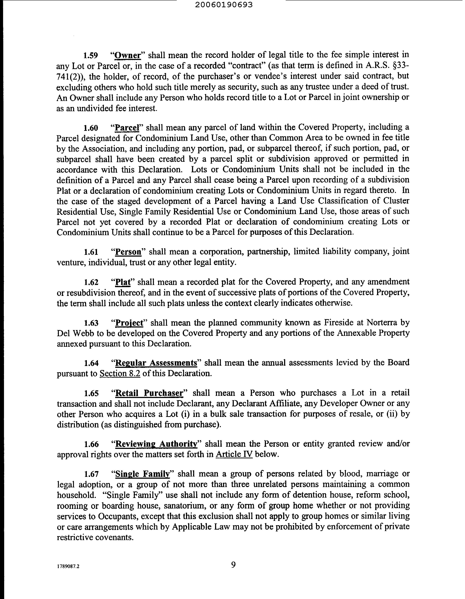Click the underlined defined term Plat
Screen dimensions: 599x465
(x=123, y=282)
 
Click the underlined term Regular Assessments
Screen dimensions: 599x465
(x=156, y=363)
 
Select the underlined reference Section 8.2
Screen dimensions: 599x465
(x=120, y=373)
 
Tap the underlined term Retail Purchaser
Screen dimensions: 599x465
(x=149, y=393)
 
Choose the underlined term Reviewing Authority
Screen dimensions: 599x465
(x=156, y=444)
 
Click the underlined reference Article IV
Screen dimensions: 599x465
(x=234, y=455)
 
